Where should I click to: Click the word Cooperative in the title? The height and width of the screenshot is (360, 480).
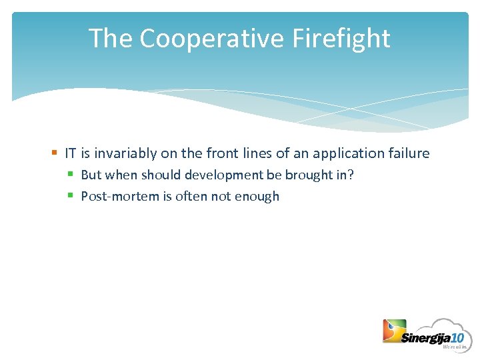click(x=212, y=39)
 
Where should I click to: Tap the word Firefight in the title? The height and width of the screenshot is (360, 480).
click(x=341, y=39)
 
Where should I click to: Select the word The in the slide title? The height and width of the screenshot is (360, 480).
click(x=110, y=39)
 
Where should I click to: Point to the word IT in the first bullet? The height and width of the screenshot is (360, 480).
click(x=71, y=153)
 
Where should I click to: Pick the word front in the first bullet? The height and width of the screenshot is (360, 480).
click(x=221, y=153)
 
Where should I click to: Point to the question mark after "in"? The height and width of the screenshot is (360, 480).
click(x=351, y=175)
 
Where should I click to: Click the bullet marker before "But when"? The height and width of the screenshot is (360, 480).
click(x=71, y=175)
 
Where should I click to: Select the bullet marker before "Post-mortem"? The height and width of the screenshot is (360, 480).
click(x=71, y=196)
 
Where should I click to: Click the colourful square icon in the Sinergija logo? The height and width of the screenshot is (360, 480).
click(x=393, y=331)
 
